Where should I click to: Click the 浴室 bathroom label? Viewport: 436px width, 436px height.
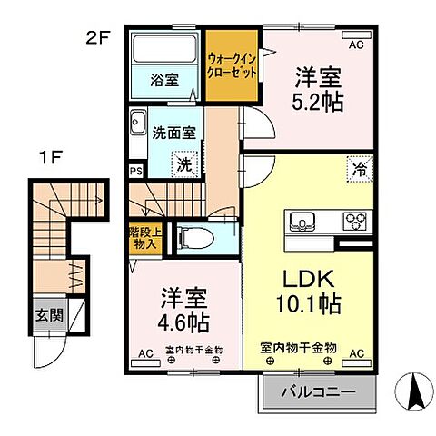click(x=164, y=80)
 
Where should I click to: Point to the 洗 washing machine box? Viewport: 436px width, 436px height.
click(x=183, y=165)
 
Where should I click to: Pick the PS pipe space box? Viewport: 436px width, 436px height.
click(x=136, y=170)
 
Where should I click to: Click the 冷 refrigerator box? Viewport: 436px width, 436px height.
click(x=359, y=168)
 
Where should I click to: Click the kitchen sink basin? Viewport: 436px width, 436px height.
click(x=302, y=221)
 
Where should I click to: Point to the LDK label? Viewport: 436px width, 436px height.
click(x=312, y=276)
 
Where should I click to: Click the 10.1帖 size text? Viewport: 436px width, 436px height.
click(x=312, y=302)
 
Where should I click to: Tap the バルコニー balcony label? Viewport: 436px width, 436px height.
click(x=317, y=394)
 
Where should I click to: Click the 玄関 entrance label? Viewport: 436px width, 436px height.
click(x=48, y=316)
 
